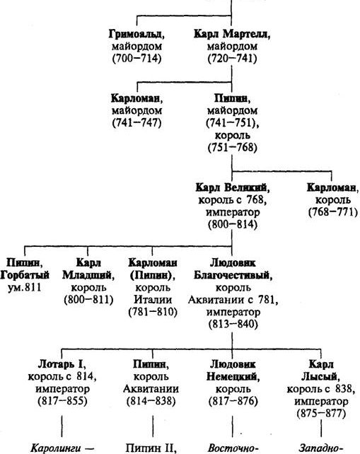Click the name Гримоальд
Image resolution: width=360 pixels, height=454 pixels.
[135, 34]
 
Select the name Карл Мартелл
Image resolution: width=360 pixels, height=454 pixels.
[231, 34]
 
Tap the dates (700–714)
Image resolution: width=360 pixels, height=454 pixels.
[137, 59]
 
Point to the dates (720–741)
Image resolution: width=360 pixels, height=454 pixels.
[232, 59]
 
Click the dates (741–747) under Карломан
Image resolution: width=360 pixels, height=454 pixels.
[137, 123]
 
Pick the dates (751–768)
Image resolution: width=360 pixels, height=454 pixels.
[232, 148]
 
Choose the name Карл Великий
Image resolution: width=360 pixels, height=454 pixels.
[231, 187]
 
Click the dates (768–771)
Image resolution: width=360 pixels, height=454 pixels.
[333, 212]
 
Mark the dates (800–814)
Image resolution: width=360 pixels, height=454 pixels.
[233, 225]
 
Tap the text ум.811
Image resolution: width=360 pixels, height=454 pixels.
[25, 288]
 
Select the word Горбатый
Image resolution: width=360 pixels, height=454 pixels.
[25, 275]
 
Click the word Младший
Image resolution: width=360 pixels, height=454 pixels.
[87, 275]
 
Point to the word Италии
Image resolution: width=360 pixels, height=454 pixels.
[153, 300]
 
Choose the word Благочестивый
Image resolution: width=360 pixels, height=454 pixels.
[231, 275]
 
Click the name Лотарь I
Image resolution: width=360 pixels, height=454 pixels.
[61, 364]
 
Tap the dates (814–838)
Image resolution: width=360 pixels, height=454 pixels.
[151, 401]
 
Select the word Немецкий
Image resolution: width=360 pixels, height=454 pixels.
[232, 377]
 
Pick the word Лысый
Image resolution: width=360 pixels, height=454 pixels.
[319, 377]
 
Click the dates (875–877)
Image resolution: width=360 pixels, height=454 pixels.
[321, 414]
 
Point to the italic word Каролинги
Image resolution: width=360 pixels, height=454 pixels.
[56, 448]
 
